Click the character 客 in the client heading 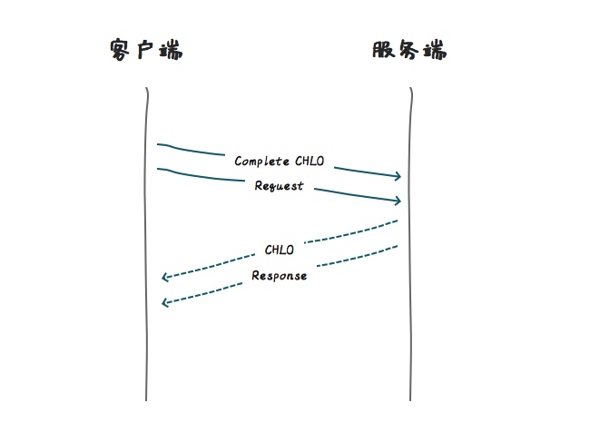click(x=121, y=50)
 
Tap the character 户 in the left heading click(x=145, y=50)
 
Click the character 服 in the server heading click(x=384, y=50)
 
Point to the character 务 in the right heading click(x=409, y=50)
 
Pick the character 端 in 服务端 click(x=435, y=50)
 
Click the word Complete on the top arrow click(x=261, y=162)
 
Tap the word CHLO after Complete click(x=310, y=162)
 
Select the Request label click(x=279, y=186)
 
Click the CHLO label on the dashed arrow click(x=280, y=250)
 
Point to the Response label click(x=280, y=275)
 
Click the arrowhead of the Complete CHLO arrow click(x=398, y=176)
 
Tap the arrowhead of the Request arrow click(x=398, y=201)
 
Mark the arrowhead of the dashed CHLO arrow click(x=164, y=278)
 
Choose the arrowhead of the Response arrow click(x=164, y=303)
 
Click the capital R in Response click(x=256, y=276)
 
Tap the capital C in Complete click(x=239, y=162)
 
